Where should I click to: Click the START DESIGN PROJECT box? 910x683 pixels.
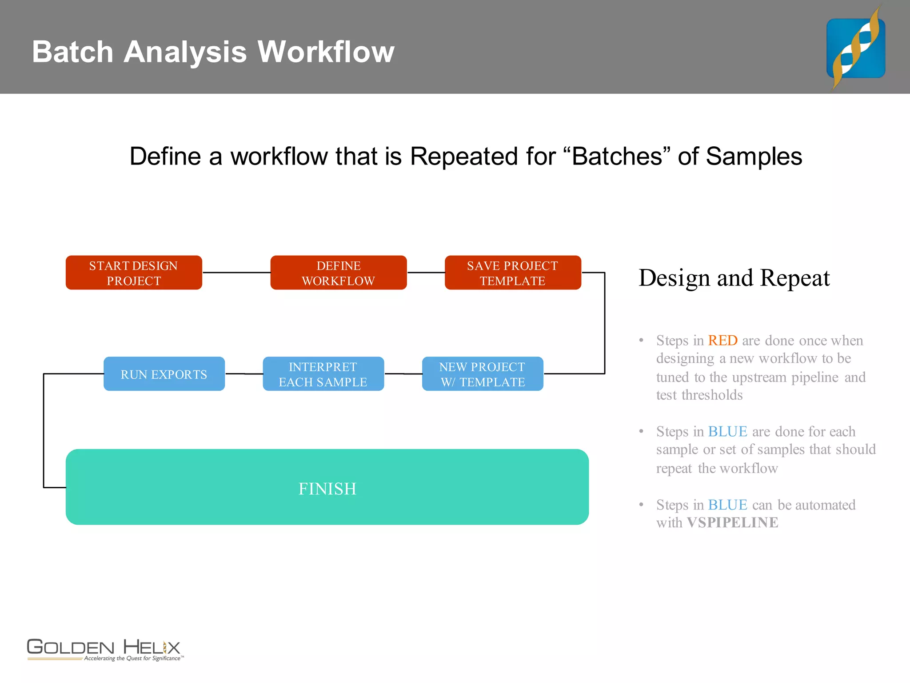134,273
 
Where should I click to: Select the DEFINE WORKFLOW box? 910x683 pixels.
338,273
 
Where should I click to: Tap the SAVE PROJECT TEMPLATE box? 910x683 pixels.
513,273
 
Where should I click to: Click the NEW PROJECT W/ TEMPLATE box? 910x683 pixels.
483,374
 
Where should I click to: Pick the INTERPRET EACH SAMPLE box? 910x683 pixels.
323,374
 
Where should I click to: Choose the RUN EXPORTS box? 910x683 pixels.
164,374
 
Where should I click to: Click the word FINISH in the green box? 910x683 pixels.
327,489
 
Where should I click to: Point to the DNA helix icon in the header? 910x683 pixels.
855,48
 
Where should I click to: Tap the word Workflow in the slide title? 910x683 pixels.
326,52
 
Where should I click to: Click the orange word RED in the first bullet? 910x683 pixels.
722,341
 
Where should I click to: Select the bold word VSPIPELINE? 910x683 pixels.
732,522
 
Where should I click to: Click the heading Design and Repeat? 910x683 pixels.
734,278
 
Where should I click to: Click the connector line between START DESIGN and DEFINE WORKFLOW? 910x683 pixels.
236,273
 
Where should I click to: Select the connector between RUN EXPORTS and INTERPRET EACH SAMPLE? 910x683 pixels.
243,374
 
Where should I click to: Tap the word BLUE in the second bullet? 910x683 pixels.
727,432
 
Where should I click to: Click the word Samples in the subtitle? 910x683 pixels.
754,157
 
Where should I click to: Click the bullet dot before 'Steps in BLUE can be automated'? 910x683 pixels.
641,505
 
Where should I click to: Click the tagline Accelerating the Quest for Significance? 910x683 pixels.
132,659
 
